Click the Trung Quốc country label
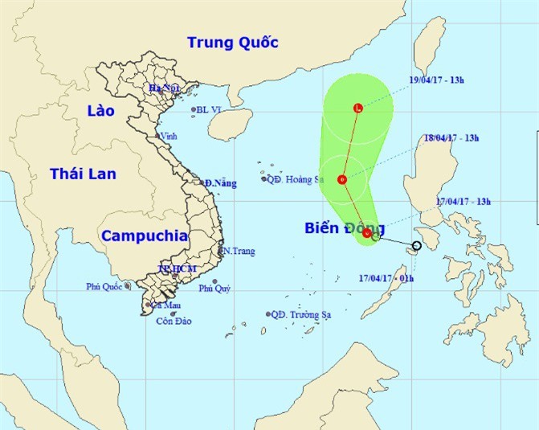click(x=232, y=43)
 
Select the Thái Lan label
click(x=83, y=174)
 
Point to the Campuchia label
click(x=145, y=236)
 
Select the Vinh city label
click(x=168, y=137)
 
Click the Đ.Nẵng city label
click(x=220, y=184)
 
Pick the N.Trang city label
click(x=239, y=252)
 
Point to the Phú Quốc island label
click(x=104, y=286)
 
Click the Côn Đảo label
click(x=174, y=321)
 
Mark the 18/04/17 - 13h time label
click(x=451, y=138)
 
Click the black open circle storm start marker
click(x=416, y=246)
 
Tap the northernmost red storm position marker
click(x=358, y=109)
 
